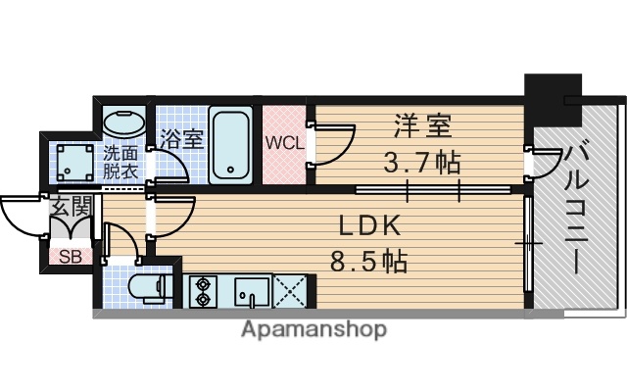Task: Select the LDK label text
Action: pyautogui.click(x=369, y=225)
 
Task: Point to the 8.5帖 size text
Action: pyautogui.click(x=369, y=261)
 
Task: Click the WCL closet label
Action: pyautogui.click(x=285, y=141)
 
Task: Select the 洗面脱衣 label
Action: pyautogui.click(x=122, y=161)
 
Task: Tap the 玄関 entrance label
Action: pyautogui.click(x=71, y=207)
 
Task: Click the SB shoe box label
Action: pyautogui.click(x=69, y=258)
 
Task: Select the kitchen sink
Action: pyautogui.click(x=251, y=291)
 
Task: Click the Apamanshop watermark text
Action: pyautogui.click(x=313, y=330)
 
